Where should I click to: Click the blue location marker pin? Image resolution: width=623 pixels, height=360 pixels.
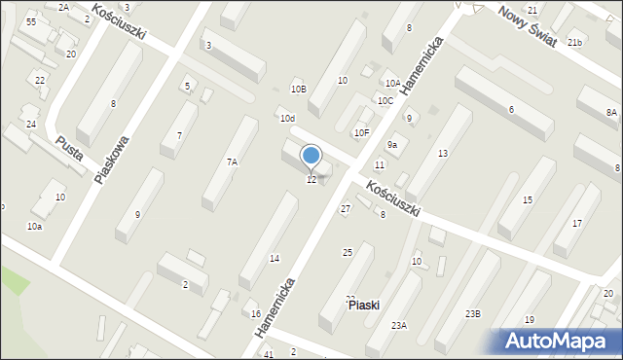click(x=311, y=157)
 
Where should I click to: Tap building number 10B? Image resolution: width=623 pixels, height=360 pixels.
click(x=299, y=90)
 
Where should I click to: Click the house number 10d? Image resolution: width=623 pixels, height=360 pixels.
click(x=287, y=119)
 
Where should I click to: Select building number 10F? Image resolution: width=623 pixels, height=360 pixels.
click(x=361, y=132)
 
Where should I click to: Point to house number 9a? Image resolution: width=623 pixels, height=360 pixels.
click(x=392, y=145)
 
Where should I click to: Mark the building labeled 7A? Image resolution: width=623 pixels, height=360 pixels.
click(x=232, y=162)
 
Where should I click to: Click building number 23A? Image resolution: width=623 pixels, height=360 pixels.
click(x=399, y=326)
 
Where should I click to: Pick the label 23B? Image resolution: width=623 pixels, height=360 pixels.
click(x=472, y=313)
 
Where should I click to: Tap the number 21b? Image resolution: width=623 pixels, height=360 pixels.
click(x=575, y=43)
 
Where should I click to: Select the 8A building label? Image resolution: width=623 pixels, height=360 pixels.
click(x=611, y=113)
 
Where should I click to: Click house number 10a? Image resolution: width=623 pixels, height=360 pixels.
click(x=34, y=226)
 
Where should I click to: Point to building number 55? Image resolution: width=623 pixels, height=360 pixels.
click(x=32, y=21)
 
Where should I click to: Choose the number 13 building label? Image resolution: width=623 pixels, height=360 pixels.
click(x=443, y=154)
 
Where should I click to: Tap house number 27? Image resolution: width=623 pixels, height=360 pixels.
click(x=345, y=209)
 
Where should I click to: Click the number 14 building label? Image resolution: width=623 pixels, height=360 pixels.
click(x=275, y=258)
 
